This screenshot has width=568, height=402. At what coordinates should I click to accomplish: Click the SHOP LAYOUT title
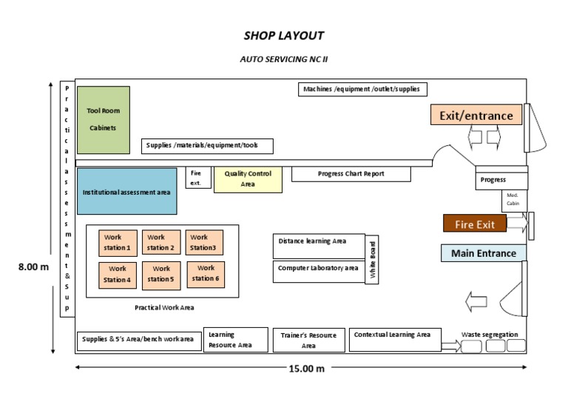[284, 36]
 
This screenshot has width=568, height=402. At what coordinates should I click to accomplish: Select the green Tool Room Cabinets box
[104, 120]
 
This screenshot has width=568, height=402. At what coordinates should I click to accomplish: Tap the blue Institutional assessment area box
[127, 192]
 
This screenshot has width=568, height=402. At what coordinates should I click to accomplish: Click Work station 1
[118, 243]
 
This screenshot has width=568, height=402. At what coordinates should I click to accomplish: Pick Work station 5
[161, 274]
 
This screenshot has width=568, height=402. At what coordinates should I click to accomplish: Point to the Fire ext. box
[197, 178]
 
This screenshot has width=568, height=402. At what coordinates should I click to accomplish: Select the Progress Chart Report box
[351, 174]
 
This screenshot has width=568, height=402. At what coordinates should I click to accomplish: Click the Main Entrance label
[484, 253]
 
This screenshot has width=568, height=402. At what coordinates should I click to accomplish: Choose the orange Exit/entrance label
[476, 115]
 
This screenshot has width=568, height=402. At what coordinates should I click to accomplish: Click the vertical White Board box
[373, 259]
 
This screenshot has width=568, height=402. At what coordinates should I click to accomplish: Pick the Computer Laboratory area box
[319, 270]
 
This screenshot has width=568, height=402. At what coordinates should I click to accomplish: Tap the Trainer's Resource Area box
[309, 340]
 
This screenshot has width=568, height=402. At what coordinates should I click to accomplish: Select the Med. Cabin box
[513, 201]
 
